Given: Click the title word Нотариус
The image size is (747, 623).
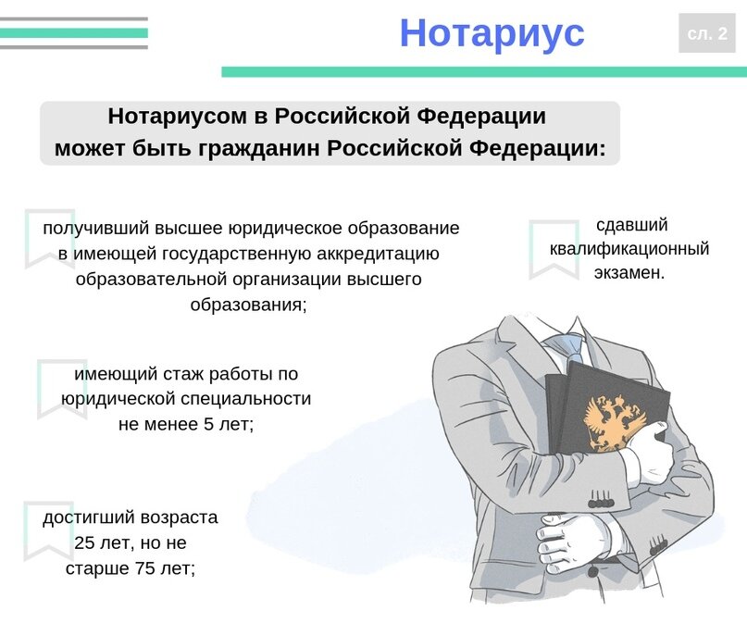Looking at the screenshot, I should (x=492, y=33).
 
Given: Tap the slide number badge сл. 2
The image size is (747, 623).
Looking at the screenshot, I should (x=706, y=33).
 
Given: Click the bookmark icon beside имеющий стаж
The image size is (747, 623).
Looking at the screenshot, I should (x=62, y=388).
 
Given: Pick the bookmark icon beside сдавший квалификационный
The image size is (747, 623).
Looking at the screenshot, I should (x=553, y=249).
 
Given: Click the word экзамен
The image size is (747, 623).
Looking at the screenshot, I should (x=629, y=273).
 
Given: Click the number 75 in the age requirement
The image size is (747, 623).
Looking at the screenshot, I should (x=143, y=567).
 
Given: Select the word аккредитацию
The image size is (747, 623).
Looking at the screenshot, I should (x=375, y=254).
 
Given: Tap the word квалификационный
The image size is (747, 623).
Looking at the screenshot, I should (x=629, y=249).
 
